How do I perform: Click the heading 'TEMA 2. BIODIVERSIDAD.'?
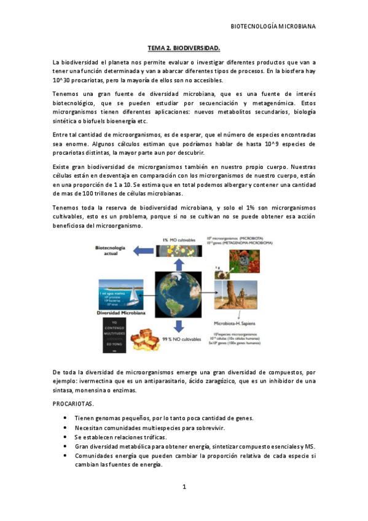(184, 47)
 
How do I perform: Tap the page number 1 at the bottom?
(184, 487)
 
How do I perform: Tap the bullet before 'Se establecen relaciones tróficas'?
(66, 437)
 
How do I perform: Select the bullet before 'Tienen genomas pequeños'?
(66, 418)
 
